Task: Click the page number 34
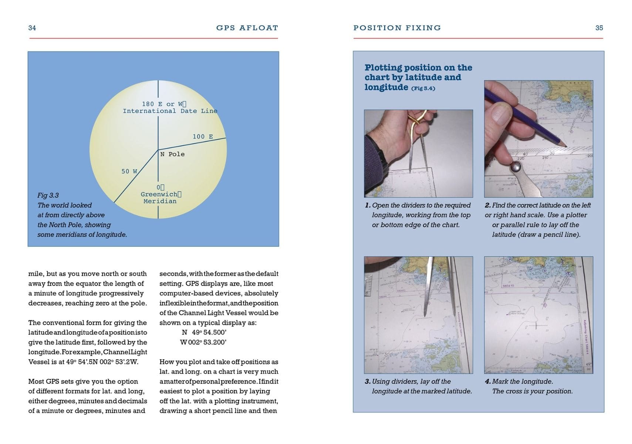pyautogui.click(x=32, y=28)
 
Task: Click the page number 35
pyautogui.click(x=599, y=28)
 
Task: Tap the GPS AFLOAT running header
pyautogui.click(x=247, y=28)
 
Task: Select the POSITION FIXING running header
pyautogui.click(x=397, y=28)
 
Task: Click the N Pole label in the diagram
pyautogui.click(x=172, y=154)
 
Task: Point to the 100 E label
pyautogui.click(x=203, y=137)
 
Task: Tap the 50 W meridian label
pyautogui.click(x=129, y=171)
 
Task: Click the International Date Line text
pyautogui.click(x=170, y=111)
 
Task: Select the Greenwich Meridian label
pyautogui.click(x=160, y=198)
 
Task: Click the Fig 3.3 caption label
pyautogui.click(x=48, y=195)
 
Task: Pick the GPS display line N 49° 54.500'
pyautogui.click(x=204, y=332)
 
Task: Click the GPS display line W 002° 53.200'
pyautogui.click(x=203, y=342)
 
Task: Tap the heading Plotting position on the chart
pyautogui.click(x=418, y=73)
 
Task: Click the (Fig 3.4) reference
pyautogui.click(x=423, y=88)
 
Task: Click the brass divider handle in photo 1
pyautogui.click(x=417, y=122)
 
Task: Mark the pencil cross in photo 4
pyautogui.click(x=536, y=325)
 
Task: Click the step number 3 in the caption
pyautogui.click(x=367, y=381)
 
